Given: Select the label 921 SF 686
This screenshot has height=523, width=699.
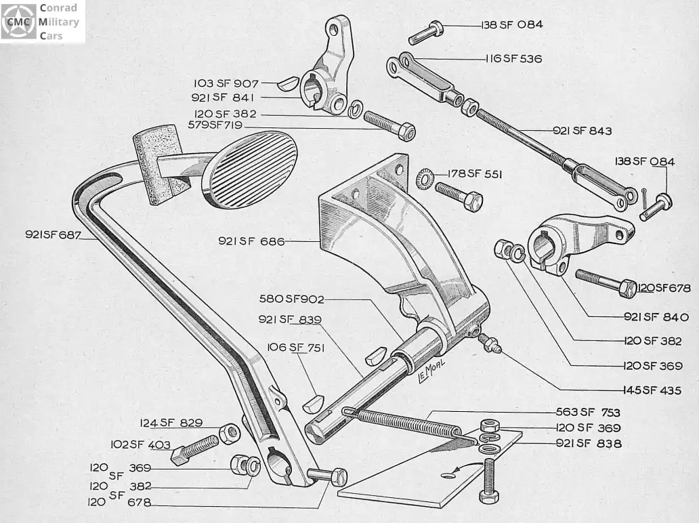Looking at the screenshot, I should coord(251,240).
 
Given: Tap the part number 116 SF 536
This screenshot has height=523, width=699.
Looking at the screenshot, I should coord(513,58).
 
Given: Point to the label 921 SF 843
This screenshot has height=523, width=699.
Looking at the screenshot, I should coord(582,131).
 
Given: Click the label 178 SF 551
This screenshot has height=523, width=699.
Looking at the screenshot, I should coord(474,173).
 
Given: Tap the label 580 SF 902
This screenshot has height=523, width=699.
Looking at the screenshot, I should coord(292,299).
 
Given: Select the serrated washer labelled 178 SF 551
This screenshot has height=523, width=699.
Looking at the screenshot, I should coord(425,177).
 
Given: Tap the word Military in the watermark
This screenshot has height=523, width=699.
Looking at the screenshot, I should coord(60,22).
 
